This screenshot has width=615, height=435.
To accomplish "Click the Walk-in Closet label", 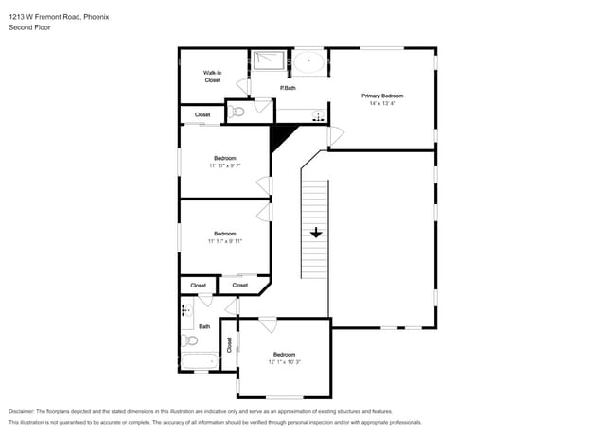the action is [213, 77].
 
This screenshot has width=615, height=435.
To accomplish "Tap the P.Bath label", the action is [288, 88].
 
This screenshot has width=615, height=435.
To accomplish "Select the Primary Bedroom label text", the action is [382, 96].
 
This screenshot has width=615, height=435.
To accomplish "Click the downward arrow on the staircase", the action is [316, 233].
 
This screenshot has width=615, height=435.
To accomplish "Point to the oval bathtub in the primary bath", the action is [309, 61].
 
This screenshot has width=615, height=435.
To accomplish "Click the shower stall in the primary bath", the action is [269, 61].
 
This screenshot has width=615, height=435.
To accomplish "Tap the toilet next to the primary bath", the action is [237, 113].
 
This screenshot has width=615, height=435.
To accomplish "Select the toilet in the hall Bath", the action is [190, 340].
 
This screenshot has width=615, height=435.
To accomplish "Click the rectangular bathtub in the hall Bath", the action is [200, 361].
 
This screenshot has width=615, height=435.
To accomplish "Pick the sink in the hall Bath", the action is [187, 310].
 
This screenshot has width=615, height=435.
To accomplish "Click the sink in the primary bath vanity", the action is [319, 115].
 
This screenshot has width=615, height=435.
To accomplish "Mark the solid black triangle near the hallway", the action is [280, 135].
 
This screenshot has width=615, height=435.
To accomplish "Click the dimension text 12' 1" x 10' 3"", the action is [285, 362].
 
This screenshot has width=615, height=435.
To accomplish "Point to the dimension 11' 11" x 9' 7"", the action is [225, 165].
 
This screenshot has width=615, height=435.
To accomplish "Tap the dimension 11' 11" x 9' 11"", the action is [225, 241].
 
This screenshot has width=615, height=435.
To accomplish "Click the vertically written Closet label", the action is [230, 345].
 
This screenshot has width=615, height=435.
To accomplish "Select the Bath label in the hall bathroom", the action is [204, 326].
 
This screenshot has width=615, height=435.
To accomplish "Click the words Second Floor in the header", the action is [29, 27].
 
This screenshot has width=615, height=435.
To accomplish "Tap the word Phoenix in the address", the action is [97, 17].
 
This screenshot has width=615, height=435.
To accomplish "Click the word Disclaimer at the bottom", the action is [22, 411].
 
